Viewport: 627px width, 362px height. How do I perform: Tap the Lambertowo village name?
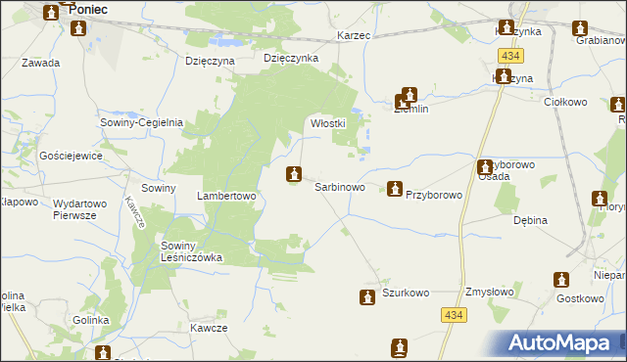(226, 196)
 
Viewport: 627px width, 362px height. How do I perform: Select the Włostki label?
(326, 124)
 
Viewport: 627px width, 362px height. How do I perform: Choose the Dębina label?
(530, 221)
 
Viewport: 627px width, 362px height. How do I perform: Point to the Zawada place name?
(40, 63)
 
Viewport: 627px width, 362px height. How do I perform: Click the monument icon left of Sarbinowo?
(292, 175)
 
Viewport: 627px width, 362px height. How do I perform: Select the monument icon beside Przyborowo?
(394, 188)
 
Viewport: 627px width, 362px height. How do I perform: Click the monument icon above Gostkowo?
(561, 280)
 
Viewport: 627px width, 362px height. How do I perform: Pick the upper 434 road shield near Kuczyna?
(507, 57)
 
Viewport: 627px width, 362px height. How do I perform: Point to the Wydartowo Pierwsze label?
(85, 209)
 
